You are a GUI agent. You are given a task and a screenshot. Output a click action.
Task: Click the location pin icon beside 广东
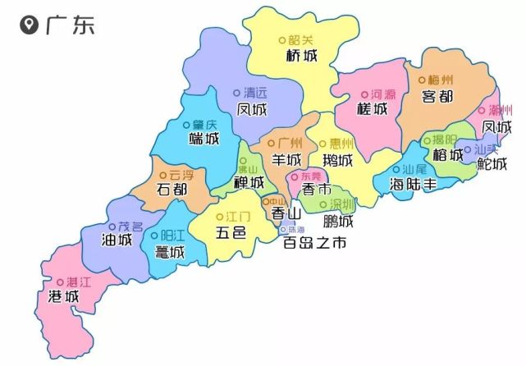(30, 26)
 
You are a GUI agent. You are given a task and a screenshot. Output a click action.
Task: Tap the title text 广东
(70, 25)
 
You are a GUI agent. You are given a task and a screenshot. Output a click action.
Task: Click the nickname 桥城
(300, 56)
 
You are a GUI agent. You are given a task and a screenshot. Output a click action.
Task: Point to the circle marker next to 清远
(237, 92)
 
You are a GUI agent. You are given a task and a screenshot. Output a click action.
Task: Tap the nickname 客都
(437, 97)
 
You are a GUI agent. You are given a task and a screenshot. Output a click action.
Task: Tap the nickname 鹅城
(338, 159)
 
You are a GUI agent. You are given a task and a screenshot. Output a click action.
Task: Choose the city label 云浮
(181, 174)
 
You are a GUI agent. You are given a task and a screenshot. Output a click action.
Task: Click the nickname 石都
(172, 190)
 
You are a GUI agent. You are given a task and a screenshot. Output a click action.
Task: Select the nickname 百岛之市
(315, 244)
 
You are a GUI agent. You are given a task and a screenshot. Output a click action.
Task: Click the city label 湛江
(79, 281)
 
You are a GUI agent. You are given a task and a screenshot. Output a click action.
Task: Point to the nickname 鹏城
(338, 221)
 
